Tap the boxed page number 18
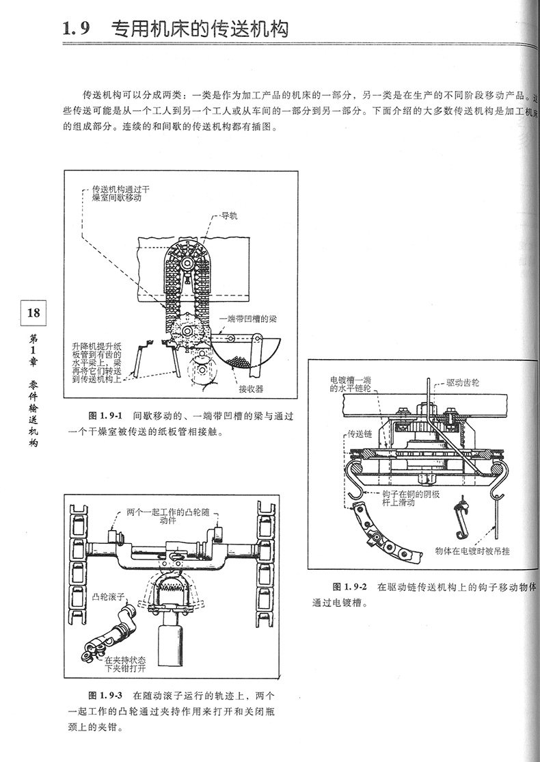click(33, 314)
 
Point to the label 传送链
click(360, 434)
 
